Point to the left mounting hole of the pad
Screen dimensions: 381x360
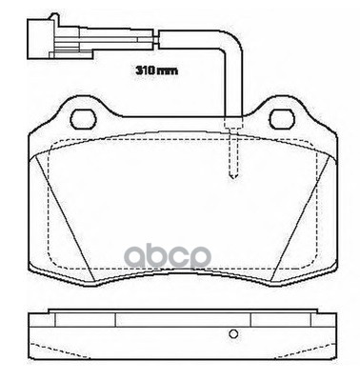[83, 120]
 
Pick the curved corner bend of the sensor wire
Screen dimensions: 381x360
[228, 48]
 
